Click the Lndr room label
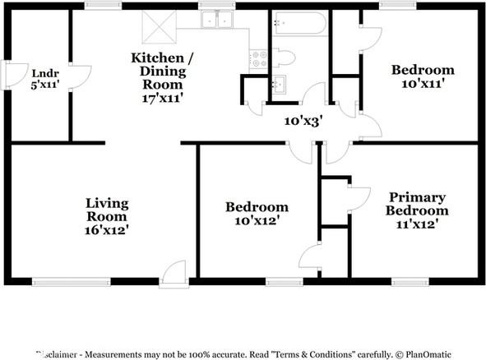click(45, 73)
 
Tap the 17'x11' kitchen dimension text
click(163, 98)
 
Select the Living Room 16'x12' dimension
click(107, 230)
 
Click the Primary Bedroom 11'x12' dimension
click(417, 224)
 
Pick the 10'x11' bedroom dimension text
click(423, 84)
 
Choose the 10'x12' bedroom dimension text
click(257, 220)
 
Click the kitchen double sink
click(216, 20)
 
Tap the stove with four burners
click(259, 59)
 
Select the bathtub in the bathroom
click(300, 23)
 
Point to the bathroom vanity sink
click(280, 84)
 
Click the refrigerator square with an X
click(160, 27)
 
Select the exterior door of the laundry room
click(14, 75)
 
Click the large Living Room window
click(72, 282)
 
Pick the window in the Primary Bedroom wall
click(410, 282)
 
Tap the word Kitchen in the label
click(157, 58)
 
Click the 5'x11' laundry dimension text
click(45, 85)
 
